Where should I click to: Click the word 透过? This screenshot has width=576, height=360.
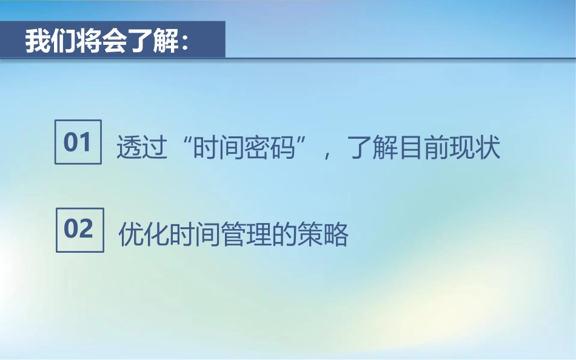click(142, 147)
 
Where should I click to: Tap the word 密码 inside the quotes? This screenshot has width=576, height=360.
click(270, 147)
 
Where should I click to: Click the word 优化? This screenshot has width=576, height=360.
click(144, 234)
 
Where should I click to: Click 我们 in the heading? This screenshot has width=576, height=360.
click(50, 41)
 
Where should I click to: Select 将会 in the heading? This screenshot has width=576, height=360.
click(101, 41)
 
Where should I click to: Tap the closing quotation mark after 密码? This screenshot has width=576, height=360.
click(301, 141)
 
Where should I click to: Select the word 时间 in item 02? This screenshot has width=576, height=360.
click(195, 234)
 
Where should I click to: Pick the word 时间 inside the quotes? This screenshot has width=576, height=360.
click(219, 147)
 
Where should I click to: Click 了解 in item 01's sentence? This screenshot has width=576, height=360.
click(373, 147)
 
